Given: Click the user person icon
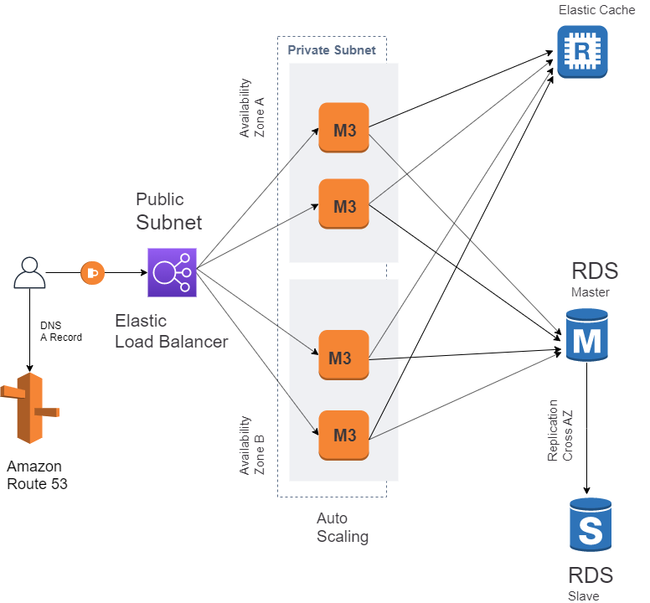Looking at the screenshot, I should pos(29,273).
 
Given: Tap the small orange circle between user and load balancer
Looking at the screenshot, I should pos(92,272).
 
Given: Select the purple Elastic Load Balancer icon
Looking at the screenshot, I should pos(172,272).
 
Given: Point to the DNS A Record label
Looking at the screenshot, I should pos(60,332).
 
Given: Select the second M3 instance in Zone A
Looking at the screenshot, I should pos(344,204).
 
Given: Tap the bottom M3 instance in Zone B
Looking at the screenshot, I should pos(344,435).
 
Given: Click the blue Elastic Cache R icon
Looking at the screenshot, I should pos(582,52).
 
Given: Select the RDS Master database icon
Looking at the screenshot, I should pos(587,335).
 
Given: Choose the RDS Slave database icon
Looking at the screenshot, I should pos(591,525).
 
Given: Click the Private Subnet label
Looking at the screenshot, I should pos(332,50).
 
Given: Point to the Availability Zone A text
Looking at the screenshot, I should pos(251,108).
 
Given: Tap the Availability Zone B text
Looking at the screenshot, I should pos(251,445).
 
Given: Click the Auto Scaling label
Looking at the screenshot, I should pos(342,528).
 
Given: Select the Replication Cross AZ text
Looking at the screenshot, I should pos(560,430).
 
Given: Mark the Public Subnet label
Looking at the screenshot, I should pos(168,212).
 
